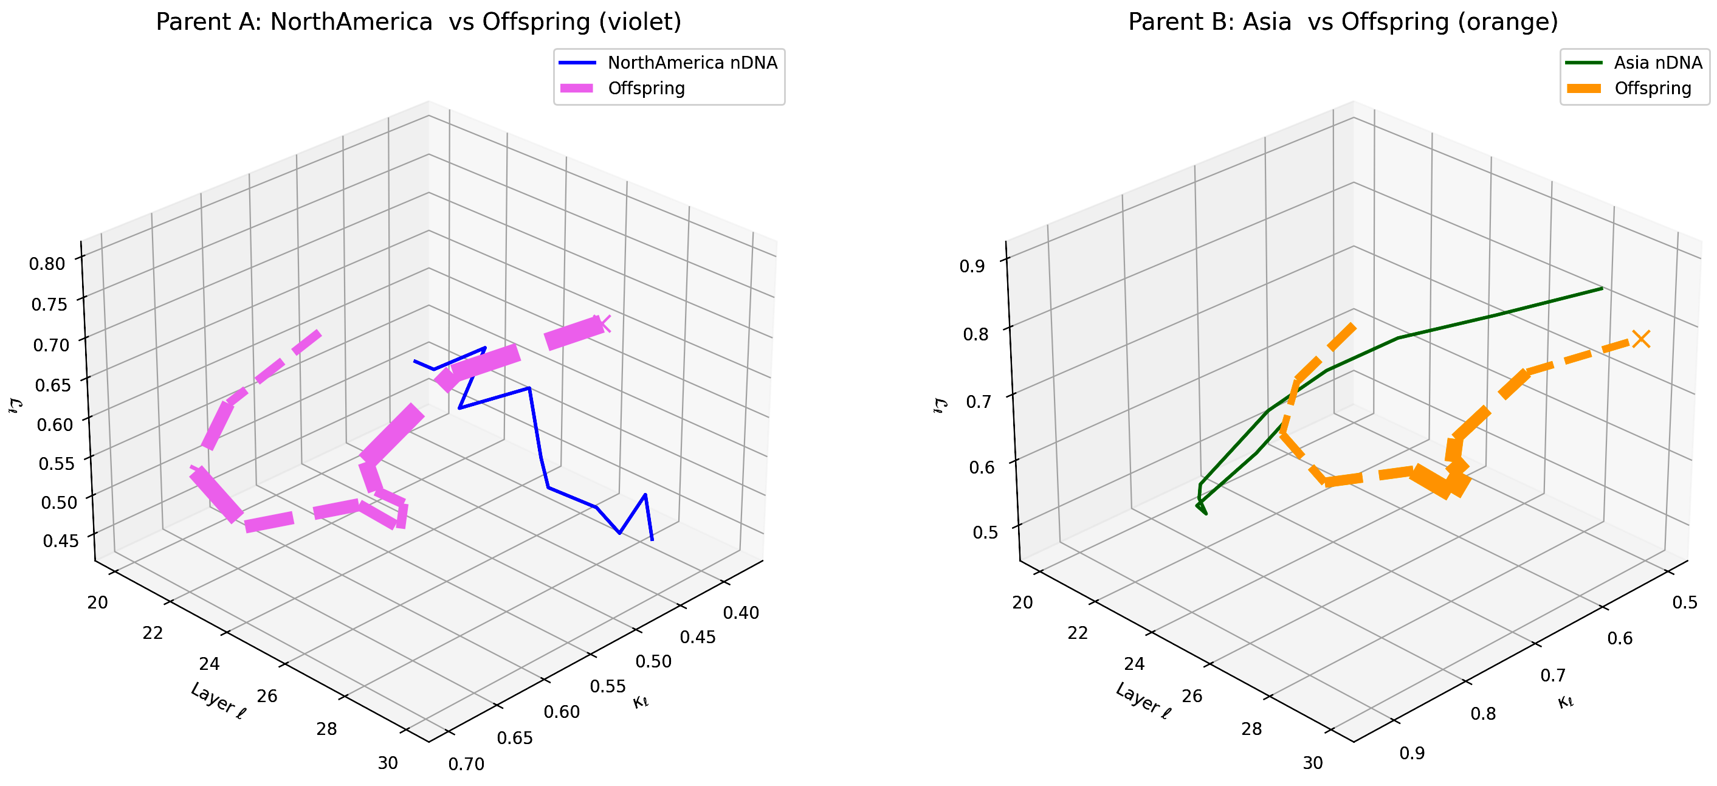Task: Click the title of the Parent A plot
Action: pyautogui.click(x=419, y=22)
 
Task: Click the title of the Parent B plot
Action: pyautogui.click(x=1343, y=22)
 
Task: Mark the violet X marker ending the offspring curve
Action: pyautogui.click(x=603, y=323)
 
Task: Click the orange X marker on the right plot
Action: pyautogui.click(x=1640, y=339)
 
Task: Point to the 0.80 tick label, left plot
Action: pyautogui.click(x=47, y=263)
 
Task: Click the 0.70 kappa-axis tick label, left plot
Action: pyautogui.click(x=466, y=764)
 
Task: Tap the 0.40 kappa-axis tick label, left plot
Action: pyautogui.click(x=740, y=613)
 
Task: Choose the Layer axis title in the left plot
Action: pyautogui.click(x=218, y=701)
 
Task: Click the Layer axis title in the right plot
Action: pyautogui.click(x=1143, y=701)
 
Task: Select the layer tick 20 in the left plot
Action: pyautogui.click(x=97, y=602)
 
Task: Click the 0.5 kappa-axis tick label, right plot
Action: pyautogui.click(x=1685, y=602)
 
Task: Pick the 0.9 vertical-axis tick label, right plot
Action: pyautogui.click(x=972, y=267)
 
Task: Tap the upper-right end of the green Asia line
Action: pyautogui.click(x=1602, y=289)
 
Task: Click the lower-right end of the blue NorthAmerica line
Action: pyautogui.click(x=652, y=539)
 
